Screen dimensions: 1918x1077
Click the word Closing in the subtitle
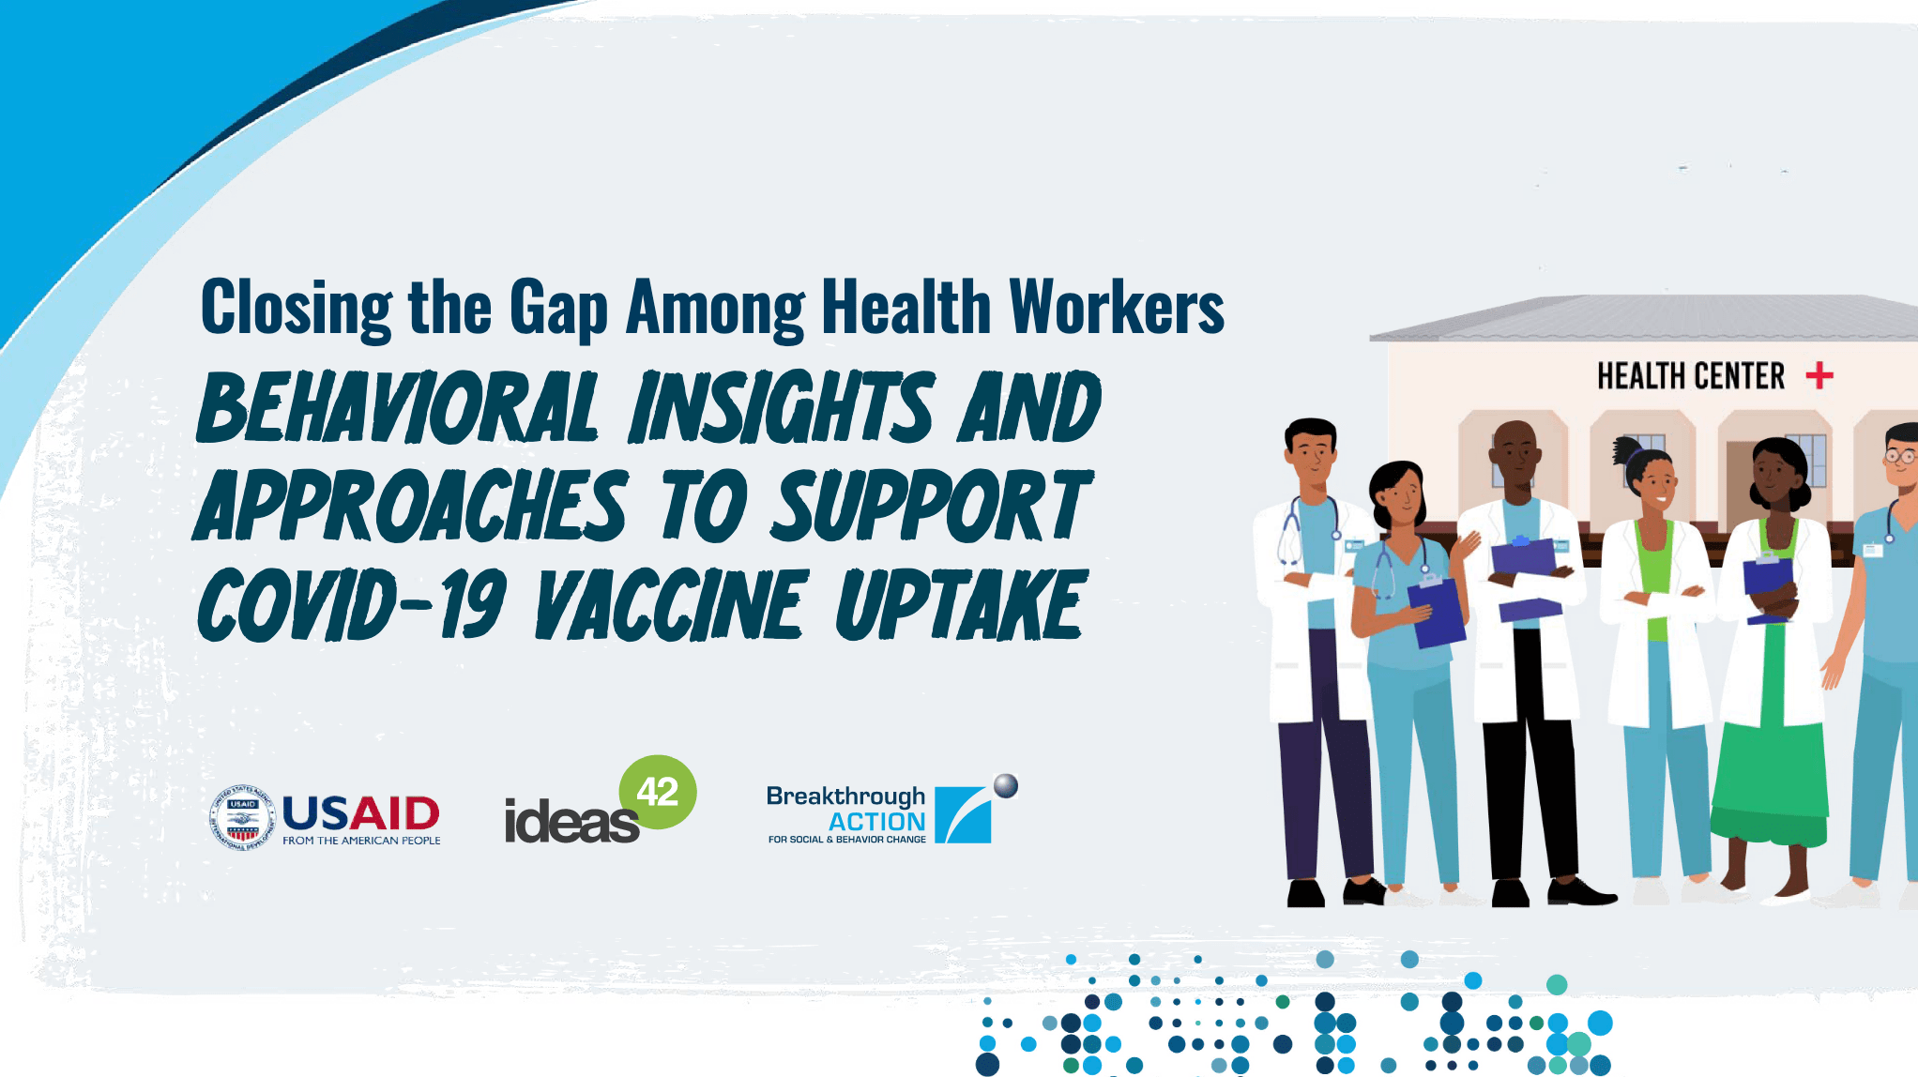(x=297, y=309)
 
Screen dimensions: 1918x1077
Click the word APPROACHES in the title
(x=410, y=506)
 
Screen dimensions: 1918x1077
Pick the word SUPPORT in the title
(x=932, y=506)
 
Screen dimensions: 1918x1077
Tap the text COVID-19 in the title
(x=352, y=605)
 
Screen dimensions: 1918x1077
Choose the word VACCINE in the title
(x=671, y=605)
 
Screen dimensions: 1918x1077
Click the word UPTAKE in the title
(x=961, y=605)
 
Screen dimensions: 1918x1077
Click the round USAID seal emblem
(x=242, y=817)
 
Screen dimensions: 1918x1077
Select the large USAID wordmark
(x=360, y=812)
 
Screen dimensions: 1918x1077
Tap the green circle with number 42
(x=658, y=792)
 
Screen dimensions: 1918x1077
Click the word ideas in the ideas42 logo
(x=571, y=822)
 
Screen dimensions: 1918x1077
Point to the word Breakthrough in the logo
(x=845, y=796)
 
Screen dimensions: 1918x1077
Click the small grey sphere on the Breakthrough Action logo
(x=1006, y=785)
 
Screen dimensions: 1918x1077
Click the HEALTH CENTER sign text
(x=1691, y=376)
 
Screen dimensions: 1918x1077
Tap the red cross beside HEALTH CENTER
(x=1819, y=376)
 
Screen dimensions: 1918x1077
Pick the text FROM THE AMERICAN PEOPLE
(x=361, y=841)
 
